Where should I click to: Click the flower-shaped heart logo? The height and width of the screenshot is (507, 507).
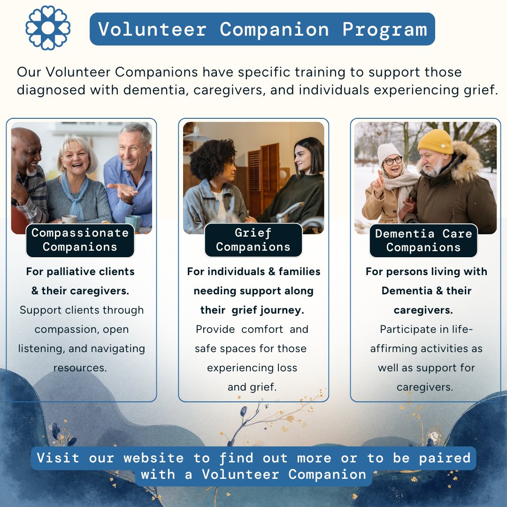click(x=48, y=28)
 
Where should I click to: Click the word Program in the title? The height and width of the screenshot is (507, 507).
click(x=384, y=29)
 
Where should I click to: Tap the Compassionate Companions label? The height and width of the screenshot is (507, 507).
click(x=80, y=240)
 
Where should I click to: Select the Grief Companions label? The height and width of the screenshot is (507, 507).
click(x=253, y=240)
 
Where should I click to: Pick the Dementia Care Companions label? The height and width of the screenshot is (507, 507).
click(x=423, y=240)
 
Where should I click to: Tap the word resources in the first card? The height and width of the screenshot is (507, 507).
click(x=80, y=368)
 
